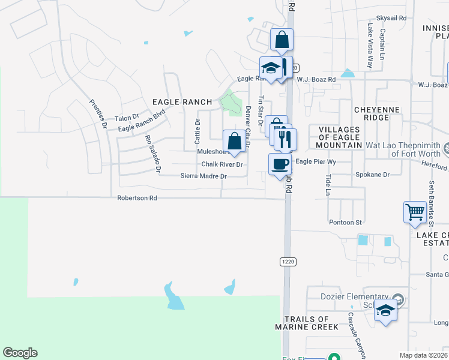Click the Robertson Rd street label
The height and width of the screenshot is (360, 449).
pos(137,197)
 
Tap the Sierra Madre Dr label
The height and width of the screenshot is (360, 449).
pos(204,176)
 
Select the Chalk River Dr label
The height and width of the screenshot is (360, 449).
pos(221,164)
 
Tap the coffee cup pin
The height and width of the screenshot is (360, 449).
pos(279,164)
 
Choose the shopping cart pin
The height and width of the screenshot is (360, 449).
pos(415,212)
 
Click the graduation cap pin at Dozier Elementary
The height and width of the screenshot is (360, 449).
pos(386,310)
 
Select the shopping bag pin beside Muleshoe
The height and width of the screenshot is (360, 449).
pos(234,142)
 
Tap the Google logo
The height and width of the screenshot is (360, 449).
pos(20,353)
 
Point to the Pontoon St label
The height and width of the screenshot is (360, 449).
pos(346,222)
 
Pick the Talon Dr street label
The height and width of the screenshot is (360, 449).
pos(127,118)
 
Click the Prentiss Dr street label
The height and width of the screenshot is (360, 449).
pos(97,114)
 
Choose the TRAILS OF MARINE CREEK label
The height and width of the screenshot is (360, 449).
pos(306,323)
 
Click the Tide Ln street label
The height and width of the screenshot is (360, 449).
pos(328,185)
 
